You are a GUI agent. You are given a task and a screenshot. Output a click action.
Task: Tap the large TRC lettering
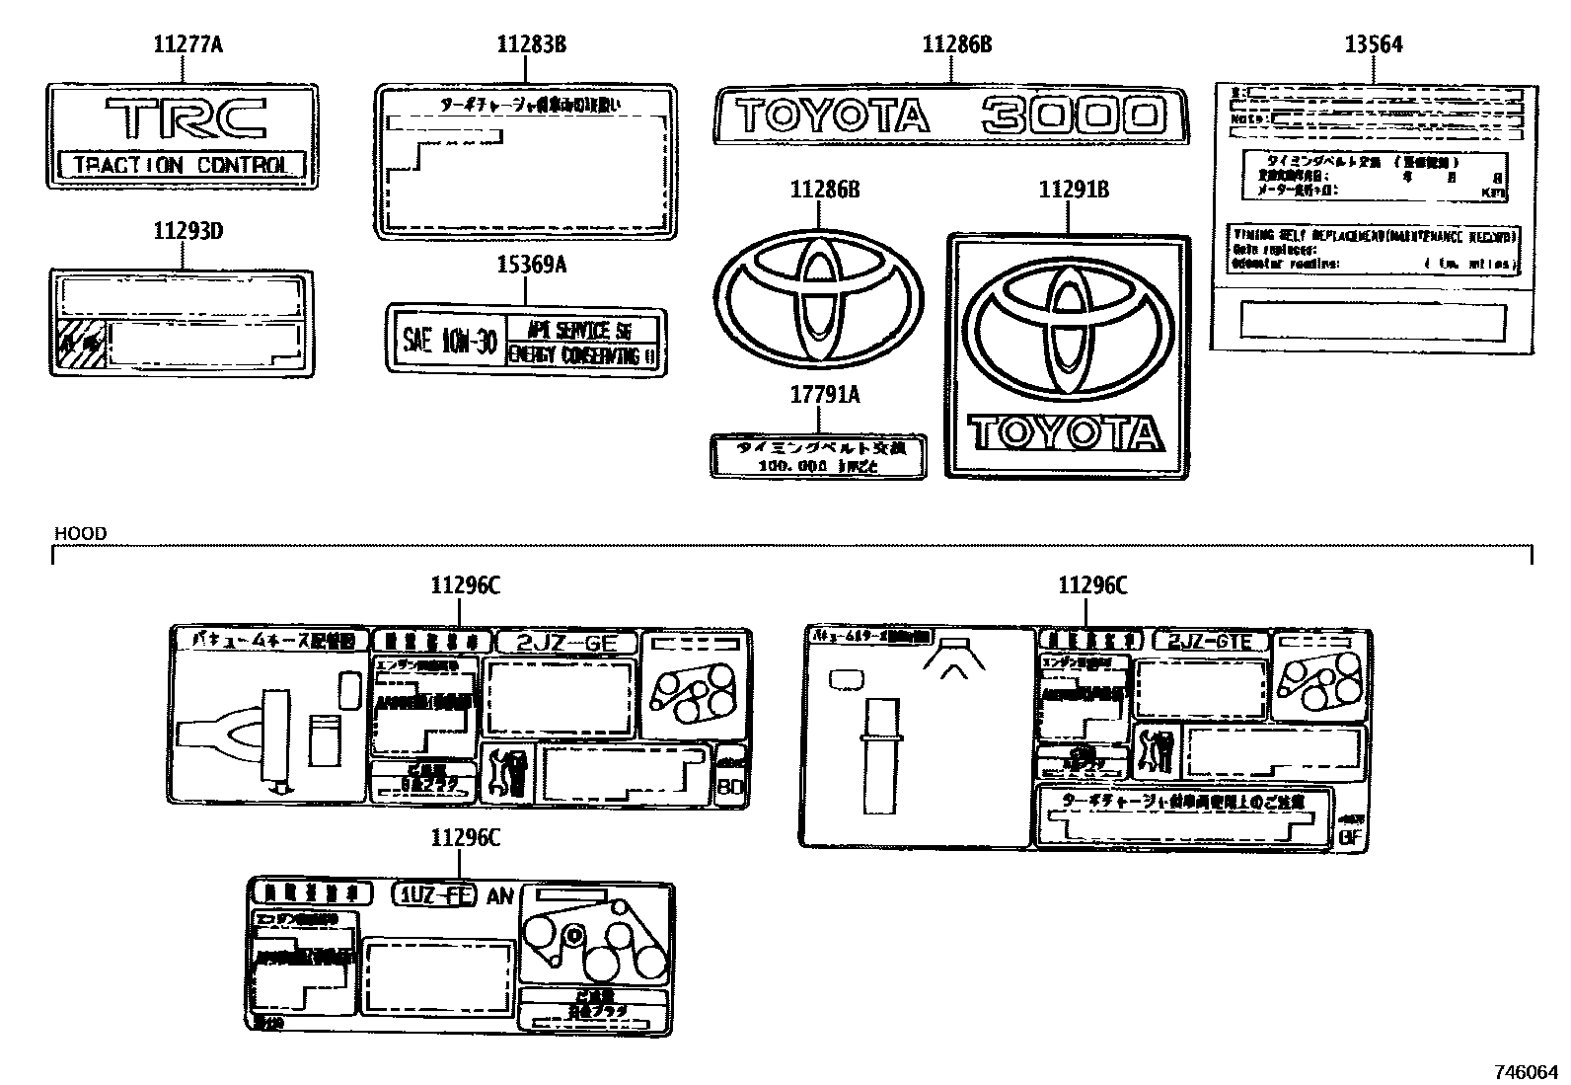(184, 117)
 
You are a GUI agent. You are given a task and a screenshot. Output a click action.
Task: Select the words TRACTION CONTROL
(183, 165)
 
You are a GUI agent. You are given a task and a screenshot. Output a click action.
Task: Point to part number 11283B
(530, 44)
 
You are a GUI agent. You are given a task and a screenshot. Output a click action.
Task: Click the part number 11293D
(187, 232)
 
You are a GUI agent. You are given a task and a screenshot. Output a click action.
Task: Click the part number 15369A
(530, 265)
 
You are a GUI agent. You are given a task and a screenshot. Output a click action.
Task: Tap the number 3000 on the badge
(1070, 116)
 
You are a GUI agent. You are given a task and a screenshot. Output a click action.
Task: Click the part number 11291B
(1073, 190)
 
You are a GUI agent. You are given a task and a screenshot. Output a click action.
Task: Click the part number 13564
(1373, 44)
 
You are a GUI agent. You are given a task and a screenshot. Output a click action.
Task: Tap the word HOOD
(80, 534)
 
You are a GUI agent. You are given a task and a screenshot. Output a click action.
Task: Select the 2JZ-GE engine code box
(567, 643)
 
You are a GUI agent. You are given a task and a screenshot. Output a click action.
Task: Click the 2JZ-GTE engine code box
(1209, 642)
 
